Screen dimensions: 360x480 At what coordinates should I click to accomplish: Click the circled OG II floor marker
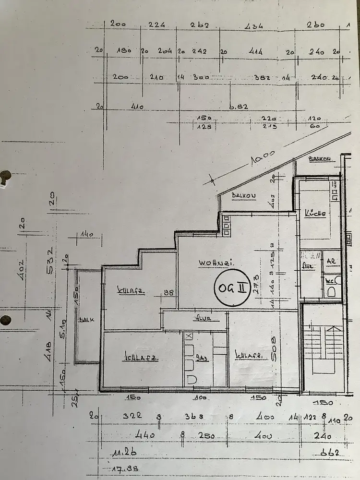[232, 288]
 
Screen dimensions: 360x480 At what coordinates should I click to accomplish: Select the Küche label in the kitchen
[315, 214]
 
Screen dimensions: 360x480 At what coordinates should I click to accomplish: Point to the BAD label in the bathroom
[202, 357]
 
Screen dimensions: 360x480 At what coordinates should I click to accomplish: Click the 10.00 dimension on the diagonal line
[262, 158]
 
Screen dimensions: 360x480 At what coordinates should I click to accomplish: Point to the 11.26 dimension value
[124, 452]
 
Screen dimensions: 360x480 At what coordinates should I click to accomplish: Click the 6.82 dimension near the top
[239, 107]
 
